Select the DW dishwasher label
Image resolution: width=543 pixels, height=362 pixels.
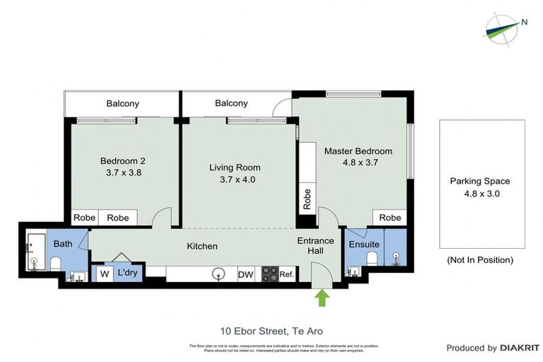tap(245, 275)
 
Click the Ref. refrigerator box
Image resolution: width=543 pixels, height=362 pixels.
tap(287, 275)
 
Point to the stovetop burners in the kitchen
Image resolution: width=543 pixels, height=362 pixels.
tap(269, 274)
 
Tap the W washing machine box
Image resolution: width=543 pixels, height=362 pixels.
tap(104, 273)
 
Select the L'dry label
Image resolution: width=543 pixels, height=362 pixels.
tap(128, 273)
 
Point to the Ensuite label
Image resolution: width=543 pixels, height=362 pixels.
tap(365, 245)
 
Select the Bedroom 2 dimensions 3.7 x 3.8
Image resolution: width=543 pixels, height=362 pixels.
tap(122, 173)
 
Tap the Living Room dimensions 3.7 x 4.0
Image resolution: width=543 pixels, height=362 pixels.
tap(234, 180)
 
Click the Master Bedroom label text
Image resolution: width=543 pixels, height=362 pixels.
tap(358, 151)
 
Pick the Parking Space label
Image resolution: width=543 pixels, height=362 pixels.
tap(480, 181)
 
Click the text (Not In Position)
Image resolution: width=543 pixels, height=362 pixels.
tap(480, 259)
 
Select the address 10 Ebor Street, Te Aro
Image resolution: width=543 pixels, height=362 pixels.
tap(271, 330)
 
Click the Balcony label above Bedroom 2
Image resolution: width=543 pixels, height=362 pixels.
tap(123, 103)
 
